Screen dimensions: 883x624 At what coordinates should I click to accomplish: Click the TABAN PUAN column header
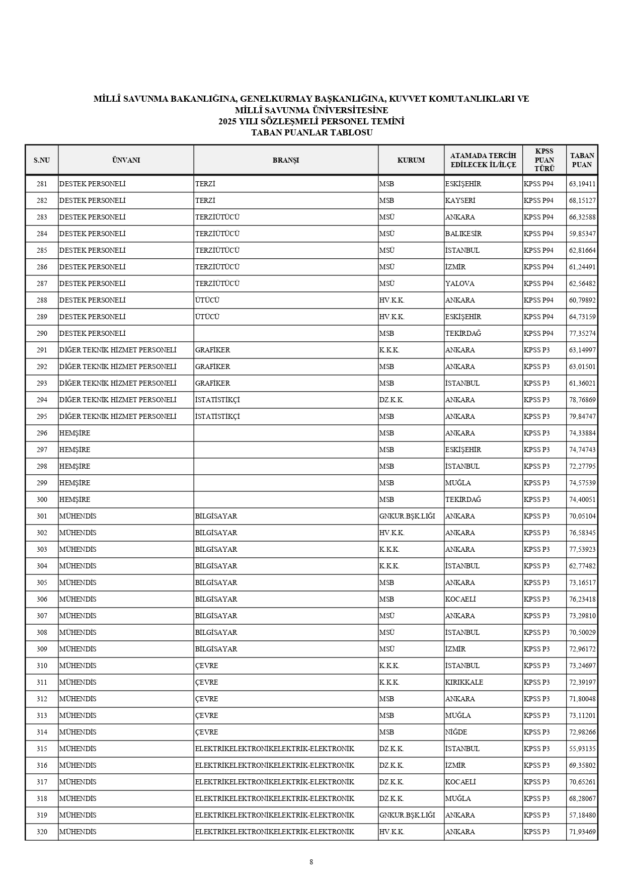pos(582,160)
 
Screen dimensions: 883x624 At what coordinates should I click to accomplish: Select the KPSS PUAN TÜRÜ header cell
pos(544,160)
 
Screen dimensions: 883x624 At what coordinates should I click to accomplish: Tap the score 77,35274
pos(582,333)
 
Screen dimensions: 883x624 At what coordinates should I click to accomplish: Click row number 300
pos(42,499)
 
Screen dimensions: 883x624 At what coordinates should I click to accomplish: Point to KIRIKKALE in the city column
pos(464,682)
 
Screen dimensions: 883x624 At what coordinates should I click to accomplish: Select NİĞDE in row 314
pos(456,732)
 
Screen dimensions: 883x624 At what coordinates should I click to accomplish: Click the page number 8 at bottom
pos(311,861)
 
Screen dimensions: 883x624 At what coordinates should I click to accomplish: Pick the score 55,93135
pos(582,749)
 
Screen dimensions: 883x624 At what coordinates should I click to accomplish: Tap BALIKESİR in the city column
pos(463,234)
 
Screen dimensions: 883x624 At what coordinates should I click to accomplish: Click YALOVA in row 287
pos(459,283)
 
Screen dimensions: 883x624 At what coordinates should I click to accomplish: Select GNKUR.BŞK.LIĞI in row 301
pos(407,516)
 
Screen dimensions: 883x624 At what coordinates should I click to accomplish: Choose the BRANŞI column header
pos(285,160)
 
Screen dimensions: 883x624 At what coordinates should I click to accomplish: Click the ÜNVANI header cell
pos(126,160)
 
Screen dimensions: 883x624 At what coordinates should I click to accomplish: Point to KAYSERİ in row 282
pos(460,200)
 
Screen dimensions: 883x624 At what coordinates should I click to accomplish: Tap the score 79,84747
pos(582,416)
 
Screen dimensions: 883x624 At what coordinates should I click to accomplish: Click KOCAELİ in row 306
pos(460,599)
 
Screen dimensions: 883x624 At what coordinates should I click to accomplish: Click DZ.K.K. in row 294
pos(392,400)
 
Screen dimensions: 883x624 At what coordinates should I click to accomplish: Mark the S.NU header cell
pos(42,160)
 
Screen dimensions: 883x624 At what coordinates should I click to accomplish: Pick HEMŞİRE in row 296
pos(74,433)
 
